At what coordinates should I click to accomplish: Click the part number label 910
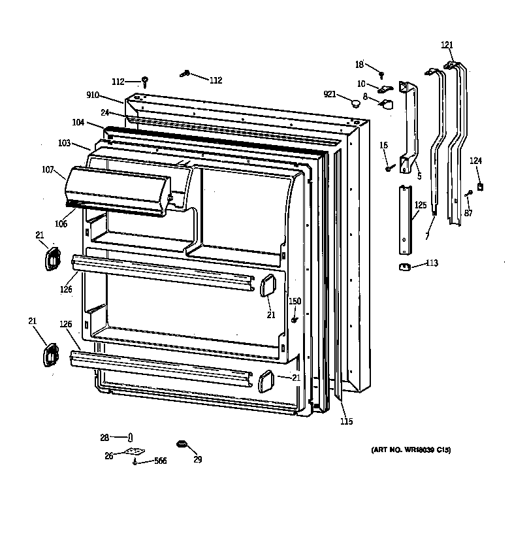92,95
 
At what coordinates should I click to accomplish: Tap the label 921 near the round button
330,95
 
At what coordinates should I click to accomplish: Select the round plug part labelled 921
355,103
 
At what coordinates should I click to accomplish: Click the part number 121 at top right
447,45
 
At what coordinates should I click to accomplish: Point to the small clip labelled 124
480,186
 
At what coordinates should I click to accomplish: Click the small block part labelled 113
403,266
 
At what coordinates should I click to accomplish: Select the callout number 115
346,421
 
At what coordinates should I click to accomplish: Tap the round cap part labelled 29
181,445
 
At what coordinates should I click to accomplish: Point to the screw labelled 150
295,319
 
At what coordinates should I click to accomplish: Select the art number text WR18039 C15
411,450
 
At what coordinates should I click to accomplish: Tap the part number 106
61,224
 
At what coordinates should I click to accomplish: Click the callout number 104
78,123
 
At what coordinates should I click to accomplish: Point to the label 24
104,112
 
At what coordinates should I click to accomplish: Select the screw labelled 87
469,193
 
